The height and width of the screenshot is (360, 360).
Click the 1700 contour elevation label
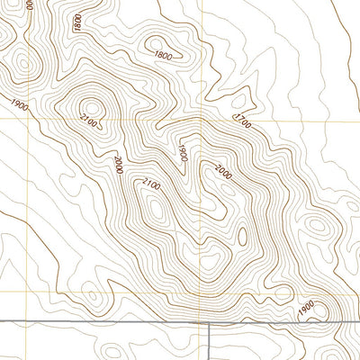click(240, 120)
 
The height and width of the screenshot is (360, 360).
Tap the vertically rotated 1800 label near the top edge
click(78, 23)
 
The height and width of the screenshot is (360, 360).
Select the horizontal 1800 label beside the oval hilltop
click(163, 57)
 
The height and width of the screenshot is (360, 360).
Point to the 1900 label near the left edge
click(20, 104)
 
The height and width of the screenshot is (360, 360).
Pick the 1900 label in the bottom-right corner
click(306, 309)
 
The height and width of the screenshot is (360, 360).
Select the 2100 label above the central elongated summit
click(151, 184)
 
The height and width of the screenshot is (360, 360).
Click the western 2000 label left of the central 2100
click(118, 164)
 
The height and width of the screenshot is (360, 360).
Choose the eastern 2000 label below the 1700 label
click(223, 170)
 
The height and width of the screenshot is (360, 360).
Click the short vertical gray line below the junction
click(210, 342)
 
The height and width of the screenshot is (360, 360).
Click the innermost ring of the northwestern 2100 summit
click(94, 107)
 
